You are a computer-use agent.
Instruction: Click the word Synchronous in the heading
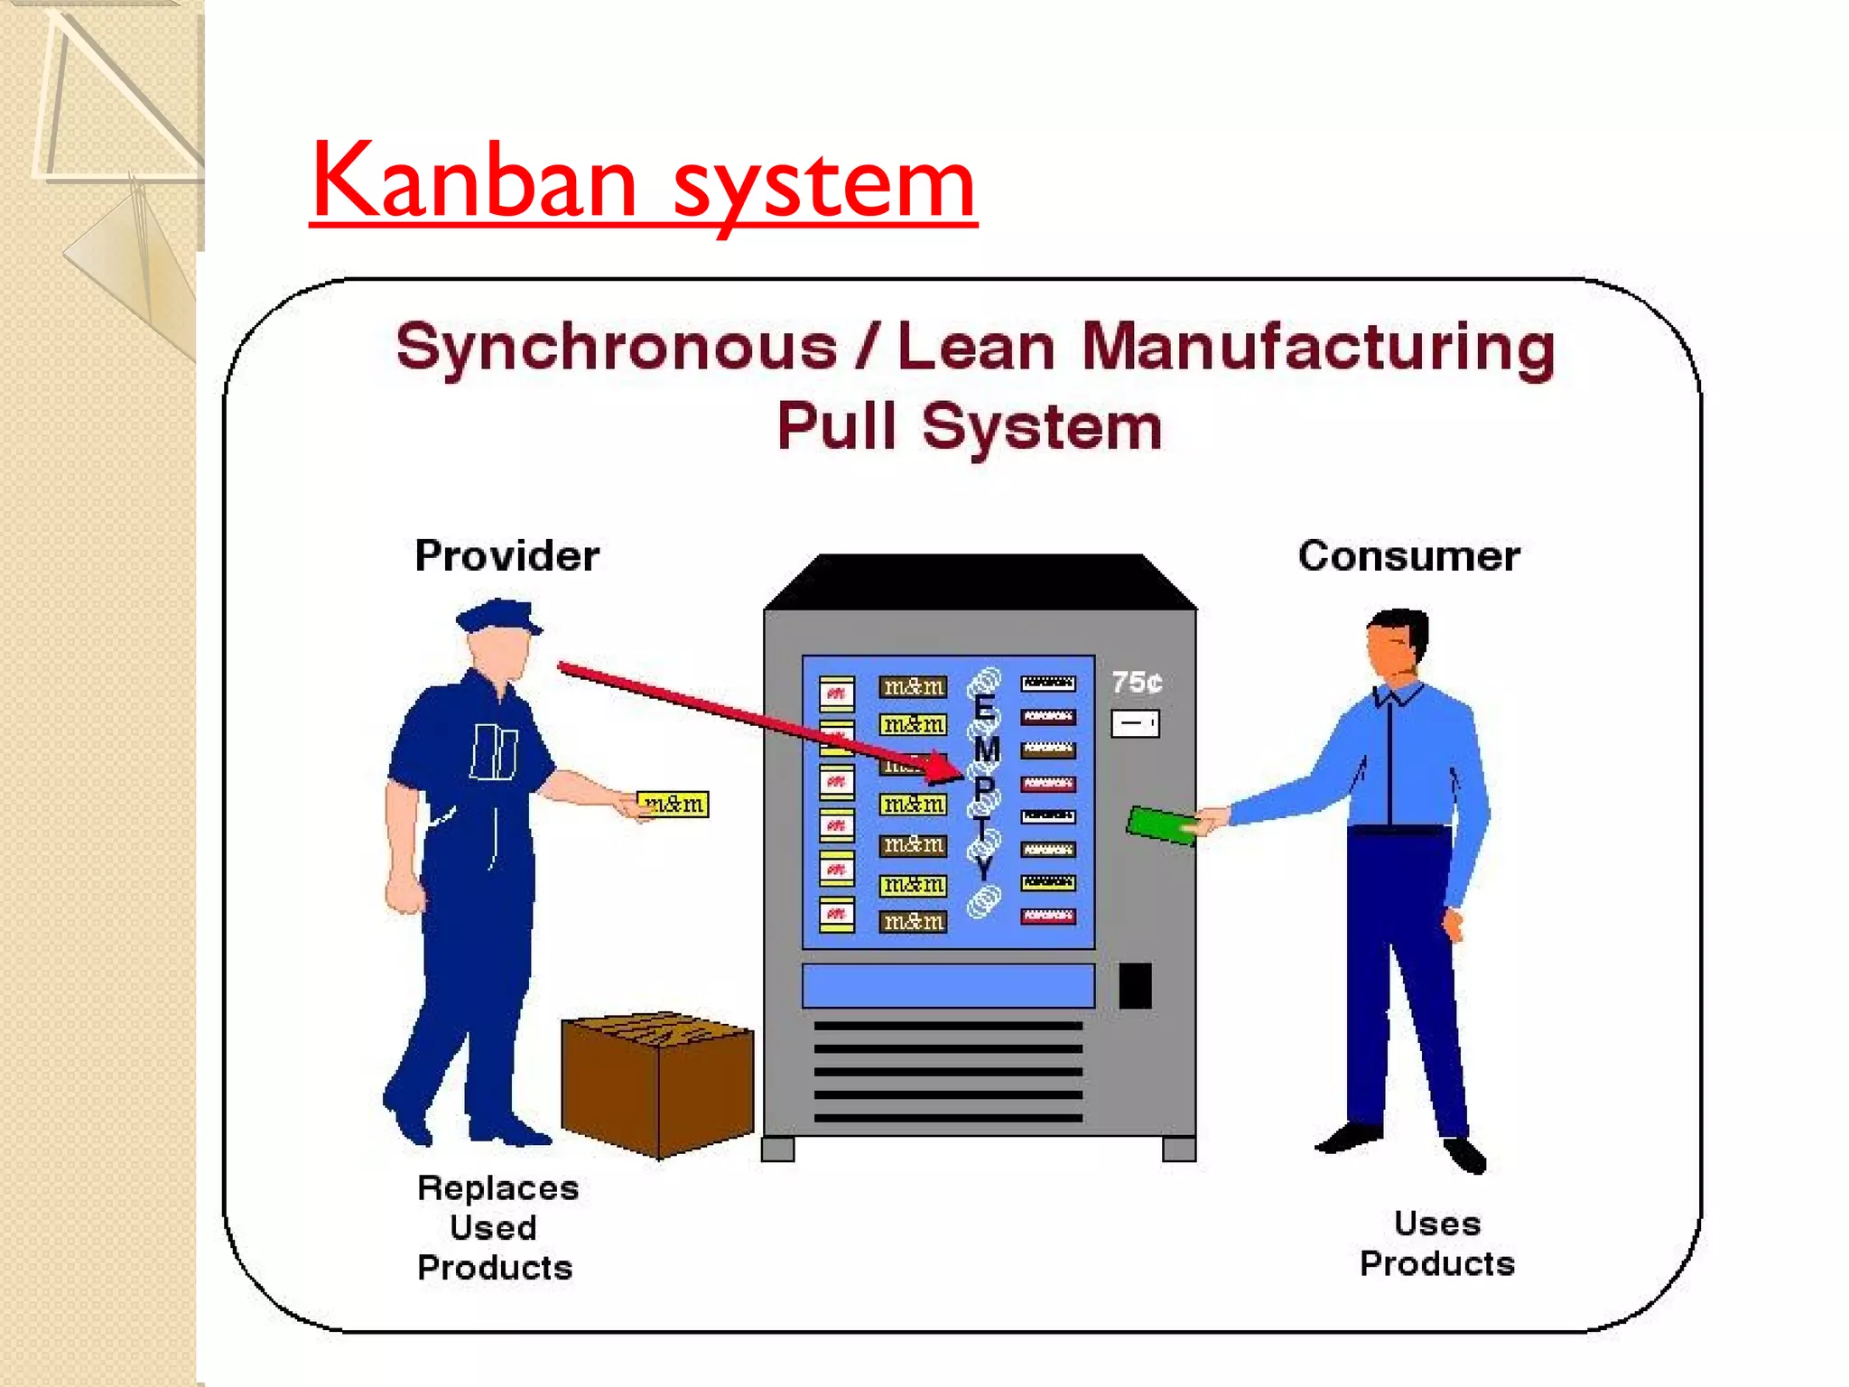click(616, 348)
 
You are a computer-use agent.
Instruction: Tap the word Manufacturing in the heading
click(1318, 348)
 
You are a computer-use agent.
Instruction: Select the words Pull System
click(970, 426)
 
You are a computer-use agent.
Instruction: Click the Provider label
click(506, 555)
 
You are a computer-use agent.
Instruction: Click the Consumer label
click(1408, 555)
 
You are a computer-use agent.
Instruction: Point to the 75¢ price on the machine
click(1136, 682)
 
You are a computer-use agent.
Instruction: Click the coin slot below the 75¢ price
click(1135, 723)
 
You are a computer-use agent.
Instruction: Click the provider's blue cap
click(497, 616)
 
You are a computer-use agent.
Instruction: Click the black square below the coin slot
click(1135, 985)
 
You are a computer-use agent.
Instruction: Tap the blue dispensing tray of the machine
click(948, 985)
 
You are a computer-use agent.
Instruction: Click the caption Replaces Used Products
click(496, 1227)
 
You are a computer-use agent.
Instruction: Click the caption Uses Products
click(1437, 1243)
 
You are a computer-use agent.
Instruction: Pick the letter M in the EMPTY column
click(986, 749)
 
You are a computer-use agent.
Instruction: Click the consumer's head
click(1397, 641)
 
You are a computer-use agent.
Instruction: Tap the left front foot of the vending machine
click(777, 1149)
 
